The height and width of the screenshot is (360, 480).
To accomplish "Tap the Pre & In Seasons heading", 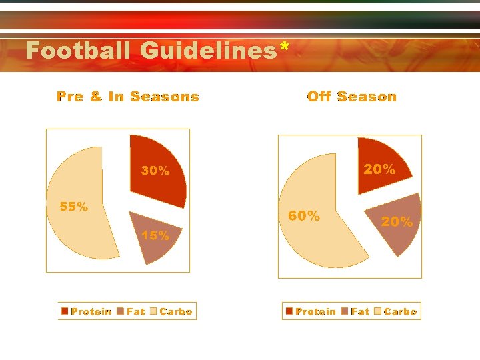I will [x=128, y=97].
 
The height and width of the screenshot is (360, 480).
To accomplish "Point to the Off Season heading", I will [x=351, y=97].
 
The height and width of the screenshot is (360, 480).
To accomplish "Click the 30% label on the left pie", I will [x=155, y=171].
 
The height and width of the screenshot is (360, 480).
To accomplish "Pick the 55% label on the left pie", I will [x=73, y=207].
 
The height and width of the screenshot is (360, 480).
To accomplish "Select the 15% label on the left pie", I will [x=155, y=235].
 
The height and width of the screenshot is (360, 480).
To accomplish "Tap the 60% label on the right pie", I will [x=303, y=216].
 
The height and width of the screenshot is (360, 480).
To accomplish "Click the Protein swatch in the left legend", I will [x=65, y=311].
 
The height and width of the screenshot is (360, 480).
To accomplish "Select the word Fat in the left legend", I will [x=135, y=311].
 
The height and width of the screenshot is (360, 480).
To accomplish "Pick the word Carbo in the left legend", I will [x=176, y=311].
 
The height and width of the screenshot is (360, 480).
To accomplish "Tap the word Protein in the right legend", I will [x=316, y=311].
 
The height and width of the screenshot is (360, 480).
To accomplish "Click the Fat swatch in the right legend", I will [x=344, y=311].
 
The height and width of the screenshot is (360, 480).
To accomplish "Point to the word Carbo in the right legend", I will [x=400, y=311].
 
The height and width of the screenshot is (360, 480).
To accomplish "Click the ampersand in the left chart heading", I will [x=96, y=97].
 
